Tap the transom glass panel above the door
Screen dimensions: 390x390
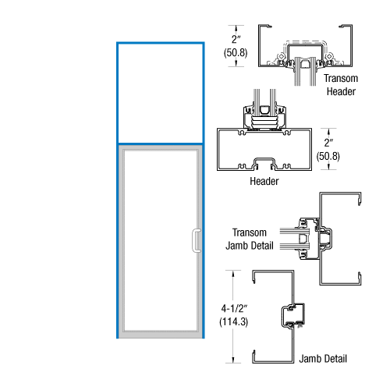161,93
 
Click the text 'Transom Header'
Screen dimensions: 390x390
341,85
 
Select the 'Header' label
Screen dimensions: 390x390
264,181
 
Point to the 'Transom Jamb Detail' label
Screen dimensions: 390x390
250,239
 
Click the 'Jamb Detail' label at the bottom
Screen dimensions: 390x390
323,359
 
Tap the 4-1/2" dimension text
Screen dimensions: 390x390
234,308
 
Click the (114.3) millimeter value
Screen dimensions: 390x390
233,322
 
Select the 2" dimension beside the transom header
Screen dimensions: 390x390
236,39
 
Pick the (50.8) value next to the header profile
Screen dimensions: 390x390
328,156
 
